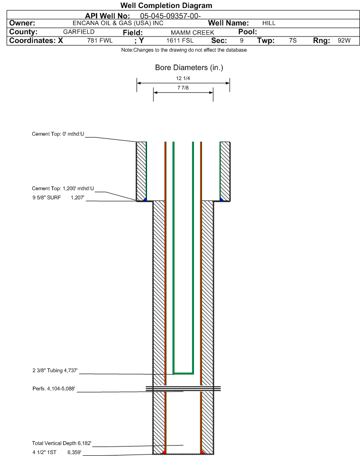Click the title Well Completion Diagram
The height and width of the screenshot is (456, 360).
click(166, 6)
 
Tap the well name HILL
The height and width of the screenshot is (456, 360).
click(268, 23)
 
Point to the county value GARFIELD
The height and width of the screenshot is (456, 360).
click(79, 32)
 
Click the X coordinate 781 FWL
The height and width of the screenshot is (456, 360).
click(100, 41)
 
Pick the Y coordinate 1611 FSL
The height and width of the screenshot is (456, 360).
click(180, 41)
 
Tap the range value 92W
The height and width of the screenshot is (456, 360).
click(344, 41)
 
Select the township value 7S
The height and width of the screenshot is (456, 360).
click(293, 41)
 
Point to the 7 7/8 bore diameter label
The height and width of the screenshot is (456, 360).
click(183, 88)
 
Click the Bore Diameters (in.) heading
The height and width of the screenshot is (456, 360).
click(189, 68)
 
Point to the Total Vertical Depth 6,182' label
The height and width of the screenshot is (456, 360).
click(61, 443)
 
